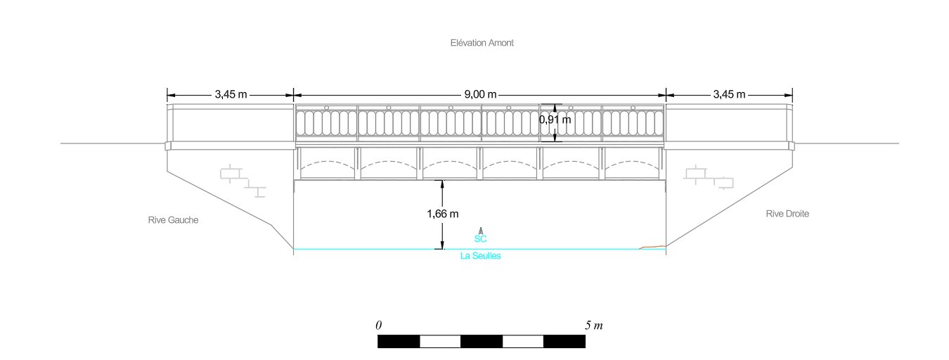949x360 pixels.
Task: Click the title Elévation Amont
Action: pyautogui.click(x=482, y=43)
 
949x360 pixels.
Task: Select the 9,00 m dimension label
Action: pyautogui.click(x=480, y=94)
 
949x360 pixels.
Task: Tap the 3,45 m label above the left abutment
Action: pyautogui.click(x=231, y=94)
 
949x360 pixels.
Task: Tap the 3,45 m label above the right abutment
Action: pyautogui.click(x=729, y=94)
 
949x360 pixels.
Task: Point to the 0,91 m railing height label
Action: pyautogui.click(x=555, y=120)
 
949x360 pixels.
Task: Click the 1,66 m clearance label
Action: pyautogui.click(x=442, y=214)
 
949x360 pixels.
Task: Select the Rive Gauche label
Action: pyautogui.click(x=173, y=220)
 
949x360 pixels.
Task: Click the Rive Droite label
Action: pyautogui.click(x=787, y=214)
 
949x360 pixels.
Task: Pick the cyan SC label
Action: pyautogui.click(x=480, y=239)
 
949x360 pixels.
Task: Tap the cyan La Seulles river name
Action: pyautogui.click(x=480, y=256)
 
